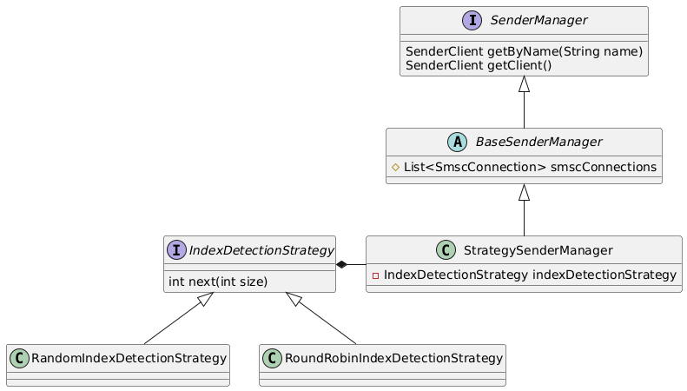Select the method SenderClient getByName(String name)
click(x=524, y=51)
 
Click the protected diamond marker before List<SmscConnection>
click(x=396, y=166)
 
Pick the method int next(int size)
click(x=218, y=281)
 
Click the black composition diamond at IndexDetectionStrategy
click(x=343, y=263)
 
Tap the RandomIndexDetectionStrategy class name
click(x=129, y=357)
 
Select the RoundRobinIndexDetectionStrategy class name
click(x=393, y=357)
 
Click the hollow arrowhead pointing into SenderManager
click(x=524, y=84)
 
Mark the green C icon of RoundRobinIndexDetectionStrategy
click(x=273, y=357)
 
